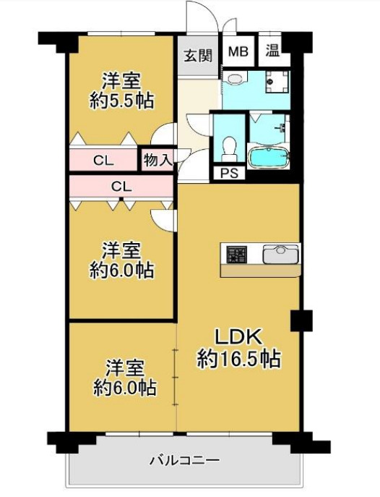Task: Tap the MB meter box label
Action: tap(238, 52)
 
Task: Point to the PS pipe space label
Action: tap(229, 174)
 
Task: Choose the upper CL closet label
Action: tap(102, 160)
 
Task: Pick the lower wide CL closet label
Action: tap(121, 186)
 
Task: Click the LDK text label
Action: tap(240, 338)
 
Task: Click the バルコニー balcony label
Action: tap(184, 460)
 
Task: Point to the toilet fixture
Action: tap(230, 147)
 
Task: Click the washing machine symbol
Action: tap(274, 83)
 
